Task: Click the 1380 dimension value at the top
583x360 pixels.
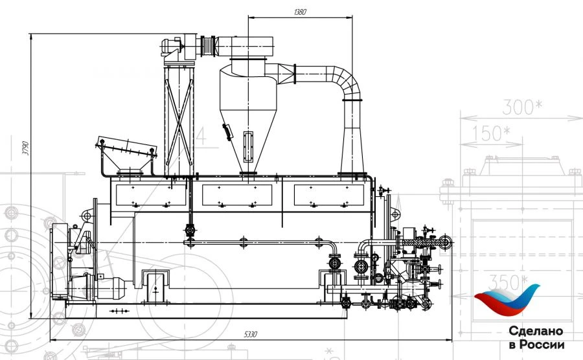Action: [x=300, y=12]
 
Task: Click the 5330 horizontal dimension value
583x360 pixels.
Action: [x=251, y=334]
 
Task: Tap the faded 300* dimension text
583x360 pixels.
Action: [x=522, y=108]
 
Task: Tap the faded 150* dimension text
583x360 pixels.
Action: [x=490, y=133]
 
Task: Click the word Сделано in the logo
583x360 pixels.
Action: [x=535, y=331]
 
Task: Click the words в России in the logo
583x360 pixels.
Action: [x=536, y=344]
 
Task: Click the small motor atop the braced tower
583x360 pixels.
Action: [x=174, y=46]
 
